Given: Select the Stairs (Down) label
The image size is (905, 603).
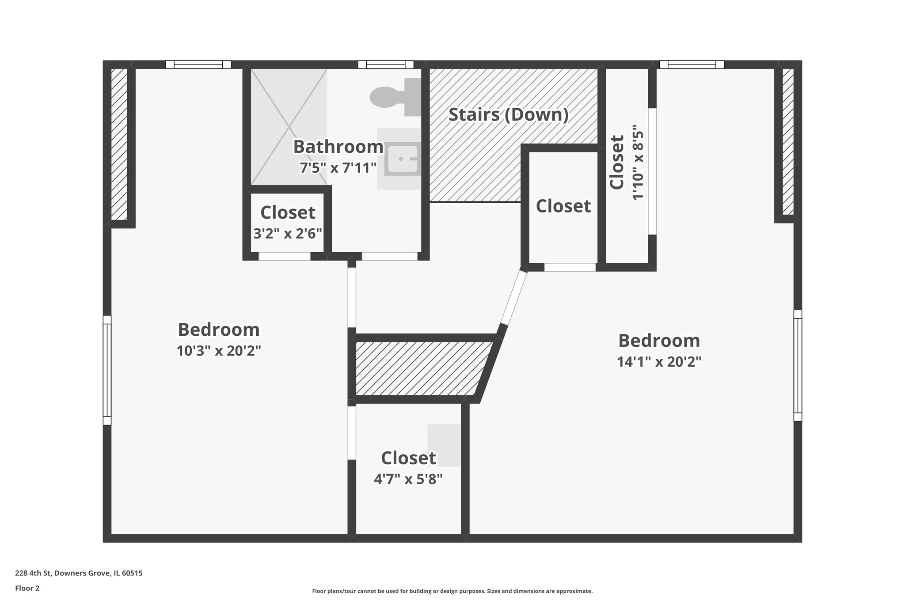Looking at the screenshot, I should pos(508,115).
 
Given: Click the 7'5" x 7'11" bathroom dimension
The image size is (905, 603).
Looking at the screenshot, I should pos(338,168).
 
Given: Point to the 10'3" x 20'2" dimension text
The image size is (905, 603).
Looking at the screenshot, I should pos(219,351).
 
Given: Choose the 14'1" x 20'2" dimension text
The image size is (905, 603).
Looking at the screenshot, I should pos(659,362).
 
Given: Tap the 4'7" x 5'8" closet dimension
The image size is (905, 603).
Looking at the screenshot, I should pos(408,479).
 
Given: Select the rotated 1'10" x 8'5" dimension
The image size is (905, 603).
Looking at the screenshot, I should pos(638,165).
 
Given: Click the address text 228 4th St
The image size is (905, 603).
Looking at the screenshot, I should pos(79,573).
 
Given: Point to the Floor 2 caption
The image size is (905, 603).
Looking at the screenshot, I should pos(27,588).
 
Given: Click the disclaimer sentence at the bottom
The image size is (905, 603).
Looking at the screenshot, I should pos(452,591).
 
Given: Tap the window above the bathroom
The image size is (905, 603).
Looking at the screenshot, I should pos(386,64).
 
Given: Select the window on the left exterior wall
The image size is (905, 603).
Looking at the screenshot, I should pos(107,370).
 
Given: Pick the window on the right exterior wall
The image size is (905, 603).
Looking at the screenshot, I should pos(798,365).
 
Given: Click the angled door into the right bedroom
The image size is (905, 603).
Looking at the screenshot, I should pos(513,299).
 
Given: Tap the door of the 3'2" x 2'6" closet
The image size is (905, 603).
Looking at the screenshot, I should pos(284,256).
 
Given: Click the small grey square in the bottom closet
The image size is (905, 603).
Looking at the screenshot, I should pos(444,445).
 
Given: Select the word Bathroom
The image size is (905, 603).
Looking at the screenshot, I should pos(338,147).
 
